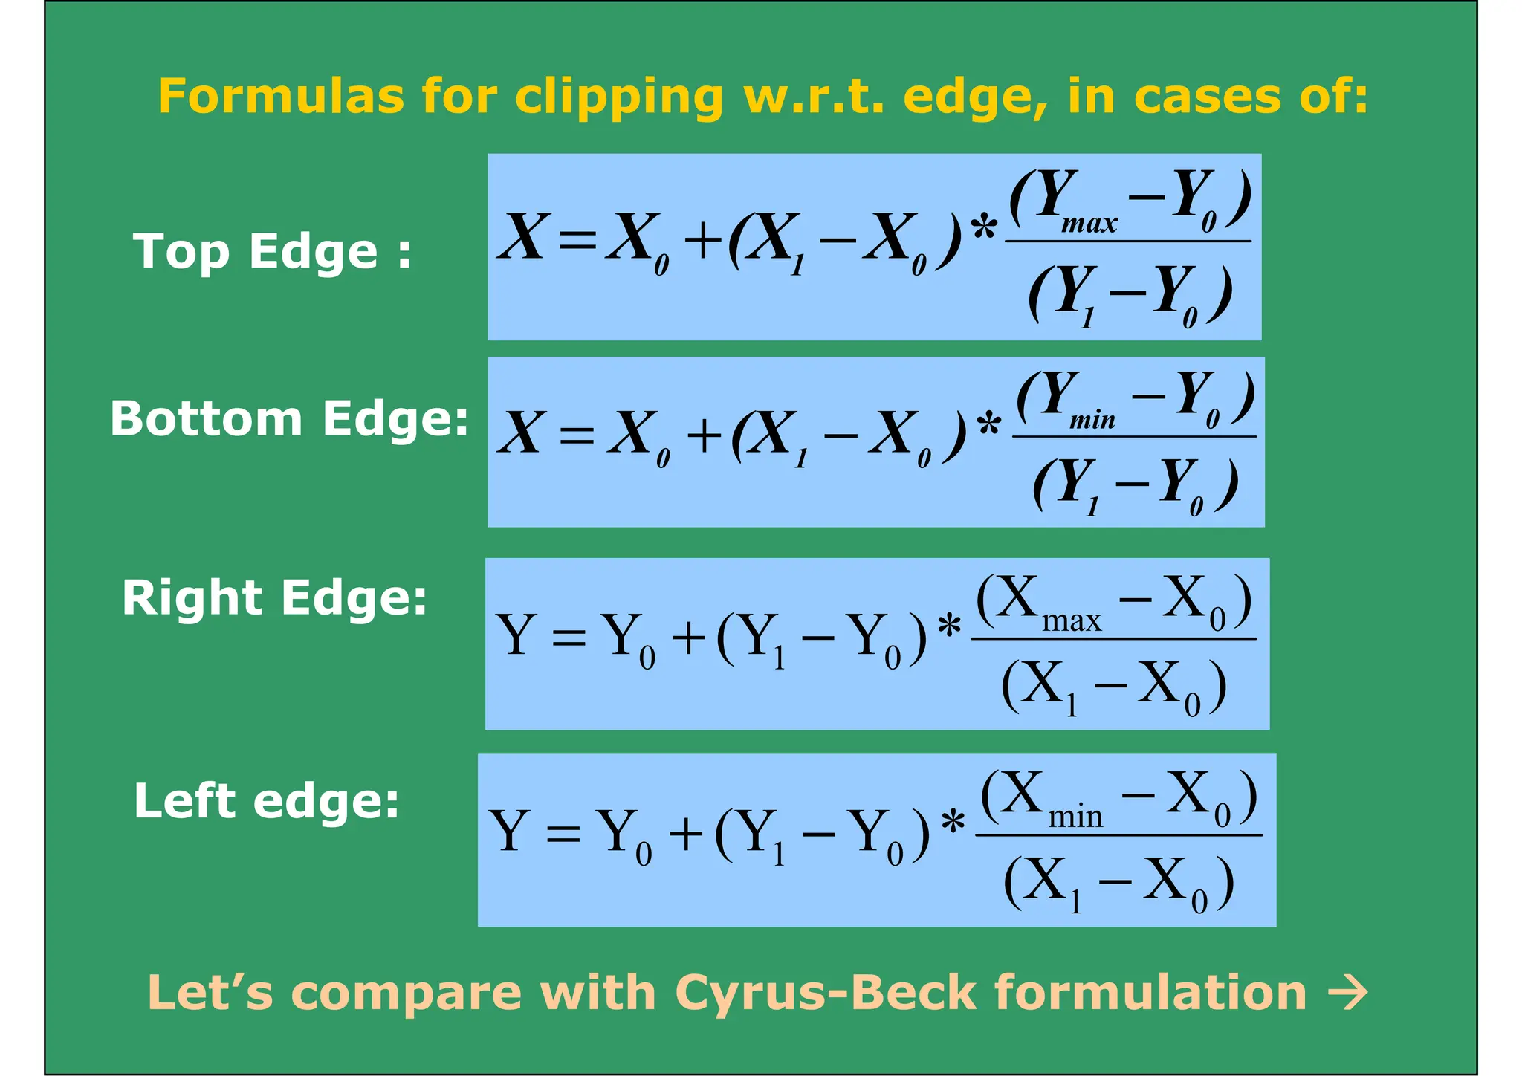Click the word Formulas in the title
pos(280,97)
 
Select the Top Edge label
pos(272,253)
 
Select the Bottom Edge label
pos(289,419)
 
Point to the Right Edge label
pos(274,599)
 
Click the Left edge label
pos(266,803)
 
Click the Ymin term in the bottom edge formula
pos(1067,401)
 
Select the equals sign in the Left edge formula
pos(563,833)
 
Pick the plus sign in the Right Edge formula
pos(688,638)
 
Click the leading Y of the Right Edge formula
pos(515,635)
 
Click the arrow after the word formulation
pos(1347,993)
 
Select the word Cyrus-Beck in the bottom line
pos(826,993)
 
